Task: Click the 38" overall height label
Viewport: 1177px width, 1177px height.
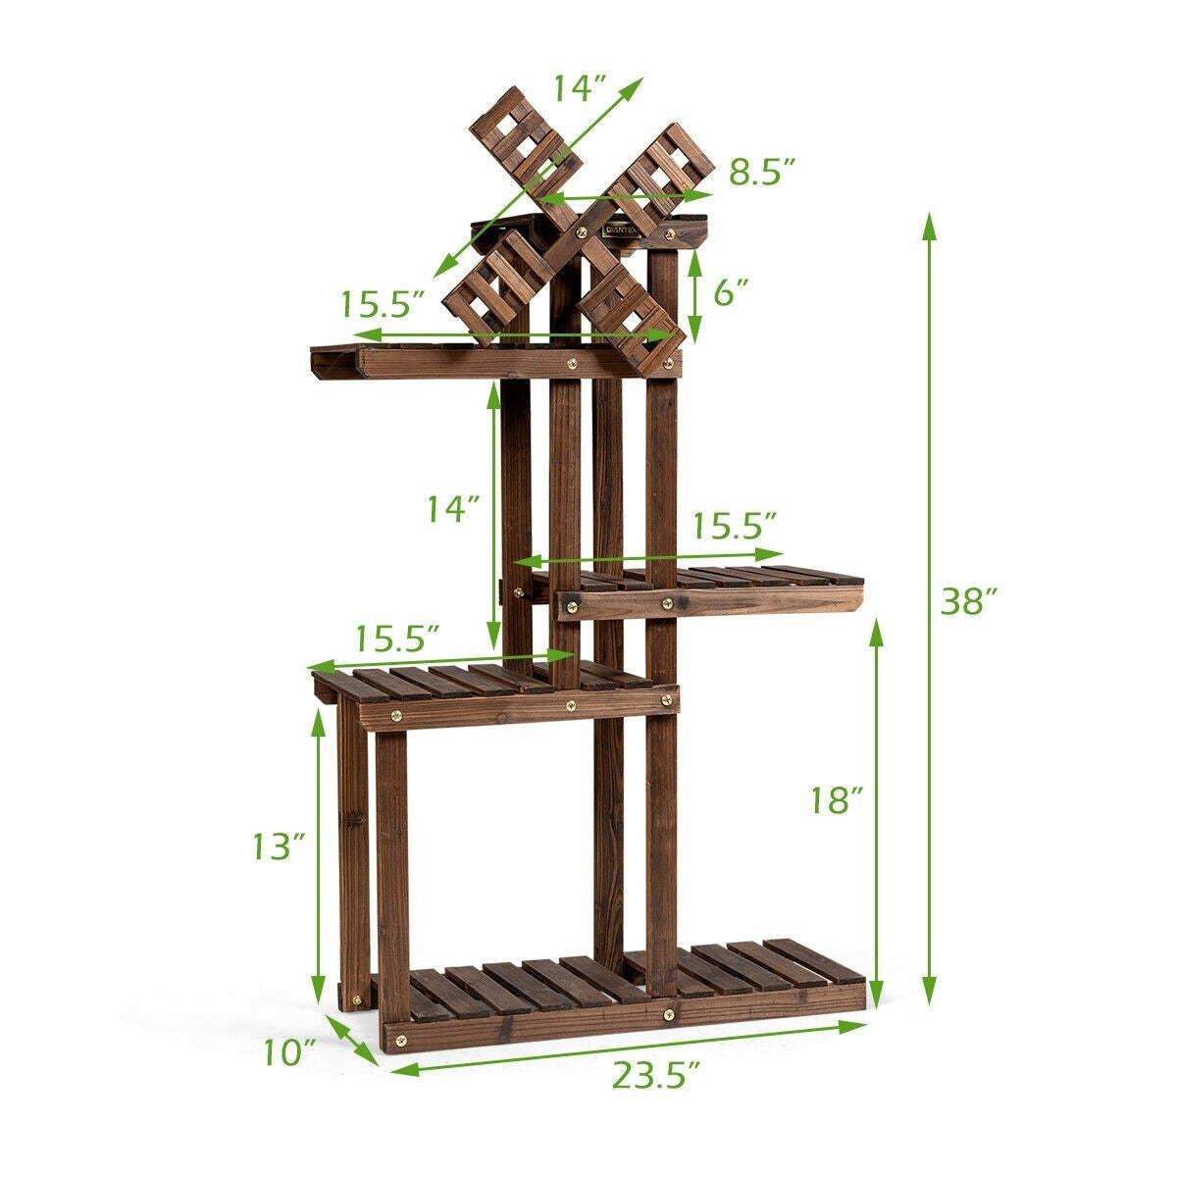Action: pyautogui.click(x=969, y=600)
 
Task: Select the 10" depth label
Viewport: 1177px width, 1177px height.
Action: pyautogui.click(x=289, y=1051)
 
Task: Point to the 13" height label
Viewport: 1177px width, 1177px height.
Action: pyautogui.click(x=279, y=845)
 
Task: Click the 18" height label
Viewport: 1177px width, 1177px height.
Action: pyautogui.click(x=837, y=799)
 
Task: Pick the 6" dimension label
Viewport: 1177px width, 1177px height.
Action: pyautogui.click(x=731, y=293)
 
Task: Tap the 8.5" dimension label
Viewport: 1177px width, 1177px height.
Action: pyautogui.click(x=763, y=173)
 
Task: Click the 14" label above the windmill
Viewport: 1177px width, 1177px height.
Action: pyautogui.click(x=580, y=88)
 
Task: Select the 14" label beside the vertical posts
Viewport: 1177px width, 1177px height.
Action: pyautogui.click(x=452, y=509)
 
